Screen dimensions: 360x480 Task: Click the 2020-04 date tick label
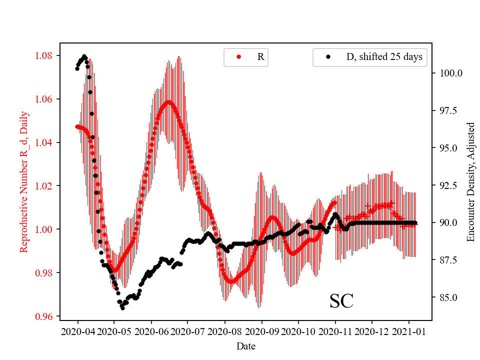click(77, 331)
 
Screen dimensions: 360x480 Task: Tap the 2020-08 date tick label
click(224, 331)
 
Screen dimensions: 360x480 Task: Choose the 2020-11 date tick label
click(335, 331)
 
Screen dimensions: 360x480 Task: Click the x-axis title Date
click(245, 345)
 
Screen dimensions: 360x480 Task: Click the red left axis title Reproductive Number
click(23, 181)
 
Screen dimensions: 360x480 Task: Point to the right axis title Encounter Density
click(470, 181)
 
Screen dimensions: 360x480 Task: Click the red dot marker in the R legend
click(238, 57)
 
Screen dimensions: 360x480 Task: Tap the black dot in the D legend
click(328, 57)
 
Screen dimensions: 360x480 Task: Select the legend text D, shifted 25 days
click(384, 57)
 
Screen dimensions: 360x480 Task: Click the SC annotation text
click(341, 301)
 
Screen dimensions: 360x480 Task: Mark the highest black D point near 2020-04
click(84, 56)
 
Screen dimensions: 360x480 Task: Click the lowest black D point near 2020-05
click(122, 308)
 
